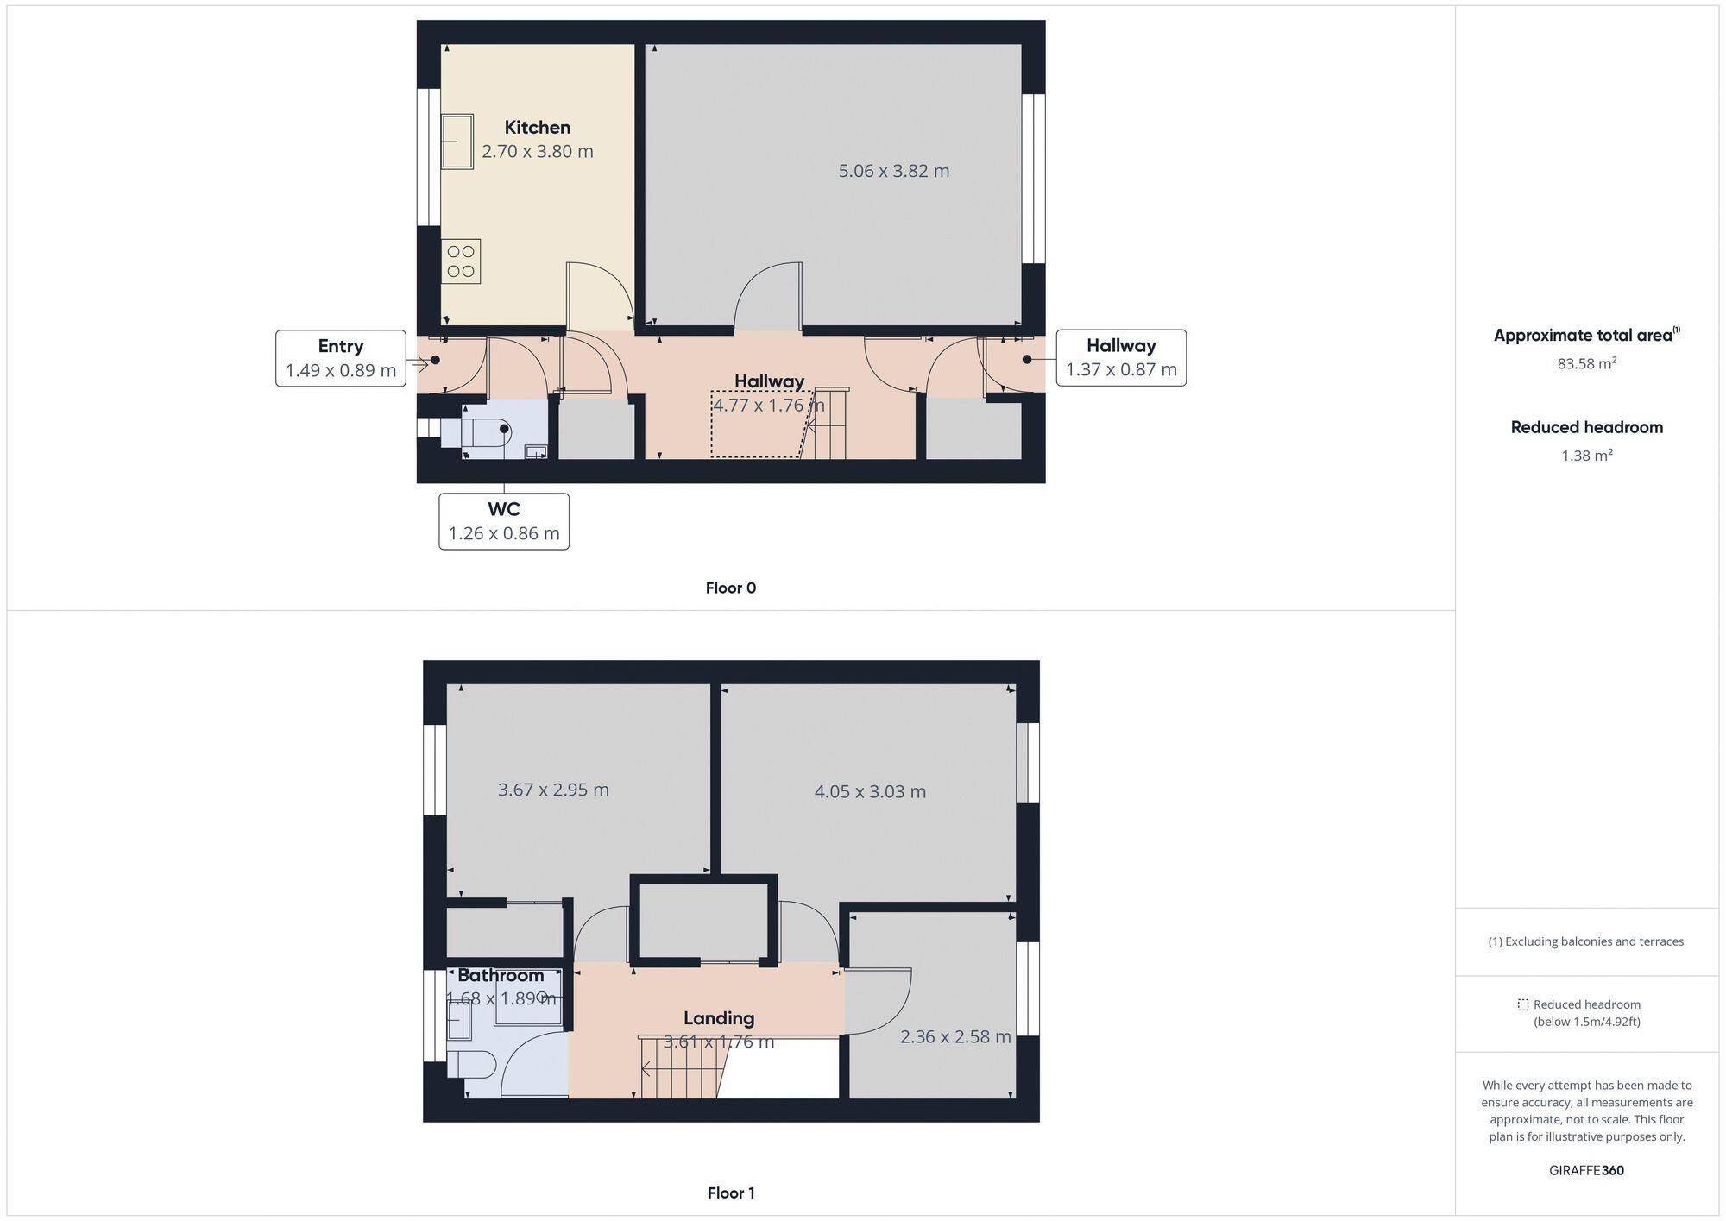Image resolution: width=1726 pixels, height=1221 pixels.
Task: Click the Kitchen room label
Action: click(x=537, y=128)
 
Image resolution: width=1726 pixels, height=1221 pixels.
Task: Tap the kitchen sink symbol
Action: click(x=457, y=142)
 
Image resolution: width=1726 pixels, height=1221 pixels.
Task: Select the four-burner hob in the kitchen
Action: click(x=461, y=261)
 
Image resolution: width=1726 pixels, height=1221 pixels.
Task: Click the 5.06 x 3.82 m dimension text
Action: click(x=893, y=171)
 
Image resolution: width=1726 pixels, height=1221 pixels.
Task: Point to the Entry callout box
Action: click(x=341, y=358)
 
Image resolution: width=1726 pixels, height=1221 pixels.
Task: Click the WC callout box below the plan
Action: click(x=504, y=521)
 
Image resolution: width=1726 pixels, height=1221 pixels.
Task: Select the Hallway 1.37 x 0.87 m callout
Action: click(x=1120, y=357)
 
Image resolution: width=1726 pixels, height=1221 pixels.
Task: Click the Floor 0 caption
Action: click(x=730, y=588)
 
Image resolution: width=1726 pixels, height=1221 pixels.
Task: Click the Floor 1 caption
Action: click(x=730, y=1193)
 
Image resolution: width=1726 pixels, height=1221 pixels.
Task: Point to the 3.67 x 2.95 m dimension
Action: click(x=553, y=790)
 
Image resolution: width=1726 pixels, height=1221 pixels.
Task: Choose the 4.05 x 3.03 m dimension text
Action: click(x=870, y=791)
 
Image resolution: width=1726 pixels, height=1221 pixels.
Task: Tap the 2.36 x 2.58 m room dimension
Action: click(x=954, y=1036)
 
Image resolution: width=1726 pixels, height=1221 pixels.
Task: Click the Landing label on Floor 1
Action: click(x=719, y=1018)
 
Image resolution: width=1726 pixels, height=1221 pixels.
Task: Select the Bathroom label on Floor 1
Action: click(x=501, y=975)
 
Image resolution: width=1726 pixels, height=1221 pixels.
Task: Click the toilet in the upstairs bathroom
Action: click(x=470, y=1065)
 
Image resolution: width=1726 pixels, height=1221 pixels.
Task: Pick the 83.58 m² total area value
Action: click(x=1586, y=363)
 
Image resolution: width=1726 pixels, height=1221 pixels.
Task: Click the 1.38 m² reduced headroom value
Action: click(x=1586, y=455)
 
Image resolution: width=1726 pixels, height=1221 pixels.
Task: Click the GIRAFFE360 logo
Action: click(x=1586, y=1171)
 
